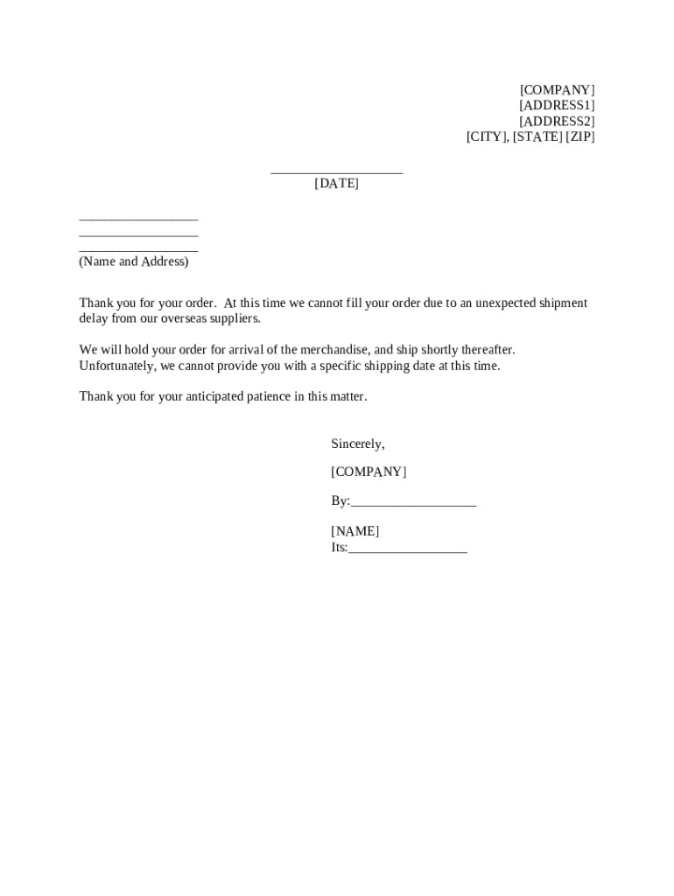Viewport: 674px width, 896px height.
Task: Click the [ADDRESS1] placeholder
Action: [557, 106]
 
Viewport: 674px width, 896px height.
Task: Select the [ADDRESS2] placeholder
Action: [557, 122]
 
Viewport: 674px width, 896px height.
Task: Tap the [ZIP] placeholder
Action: [579, 137]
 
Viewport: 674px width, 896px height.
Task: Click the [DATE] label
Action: [337, 184]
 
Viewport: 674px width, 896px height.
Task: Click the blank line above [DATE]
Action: [337, 172]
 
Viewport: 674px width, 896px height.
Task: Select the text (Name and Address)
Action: [134, 262]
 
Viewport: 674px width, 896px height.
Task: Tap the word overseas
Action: [185, 318]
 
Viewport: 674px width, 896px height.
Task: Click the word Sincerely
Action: [357, 444]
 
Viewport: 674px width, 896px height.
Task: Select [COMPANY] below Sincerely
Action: [369, 472]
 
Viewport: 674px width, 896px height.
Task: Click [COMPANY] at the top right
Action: [557, 90]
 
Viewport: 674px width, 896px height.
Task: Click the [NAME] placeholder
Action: [355, 532]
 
